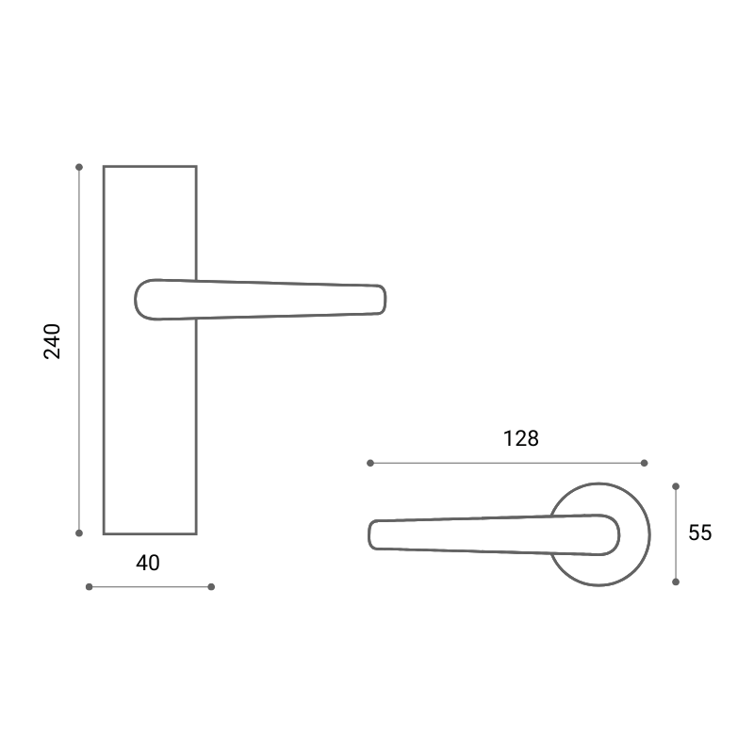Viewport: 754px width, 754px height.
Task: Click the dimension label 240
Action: click(x=52, y=341)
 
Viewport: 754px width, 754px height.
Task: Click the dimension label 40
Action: click(x=148, y=563)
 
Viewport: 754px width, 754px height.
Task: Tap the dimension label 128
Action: click(x=521, y=438)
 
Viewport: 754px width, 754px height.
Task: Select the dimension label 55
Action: click(x=699, y=533)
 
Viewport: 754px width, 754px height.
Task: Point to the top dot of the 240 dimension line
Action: click(x=79, y=168)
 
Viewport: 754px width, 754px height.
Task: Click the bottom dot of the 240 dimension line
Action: click(x=79, y=533)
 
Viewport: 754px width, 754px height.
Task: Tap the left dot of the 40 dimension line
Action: click(x=89, y=586)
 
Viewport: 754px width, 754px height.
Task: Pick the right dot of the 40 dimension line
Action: click(x=211, y=586)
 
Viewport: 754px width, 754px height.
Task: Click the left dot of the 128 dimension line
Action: click(x=370, y=463)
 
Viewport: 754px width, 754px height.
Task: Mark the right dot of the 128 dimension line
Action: click(x=645, y=463)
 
